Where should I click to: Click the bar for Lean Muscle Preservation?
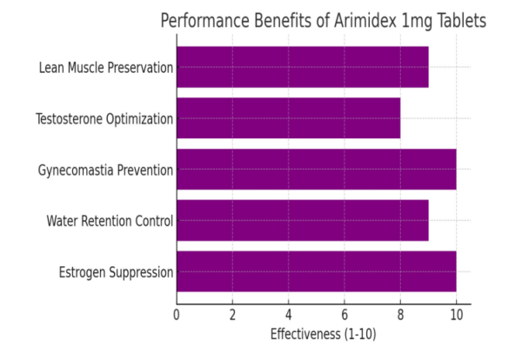point(302,67)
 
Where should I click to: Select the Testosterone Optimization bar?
point(288,118)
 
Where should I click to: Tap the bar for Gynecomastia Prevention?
point(316,169)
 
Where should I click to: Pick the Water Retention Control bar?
point(302,220)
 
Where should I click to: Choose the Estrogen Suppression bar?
point(316,271)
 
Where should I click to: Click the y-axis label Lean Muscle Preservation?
point(105,67)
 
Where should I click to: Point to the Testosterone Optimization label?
point(104,118)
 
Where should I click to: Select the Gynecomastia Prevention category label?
point(105,170)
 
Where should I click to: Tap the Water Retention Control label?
point(110,221)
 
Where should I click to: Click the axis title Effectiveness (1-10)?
point(324,334)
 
